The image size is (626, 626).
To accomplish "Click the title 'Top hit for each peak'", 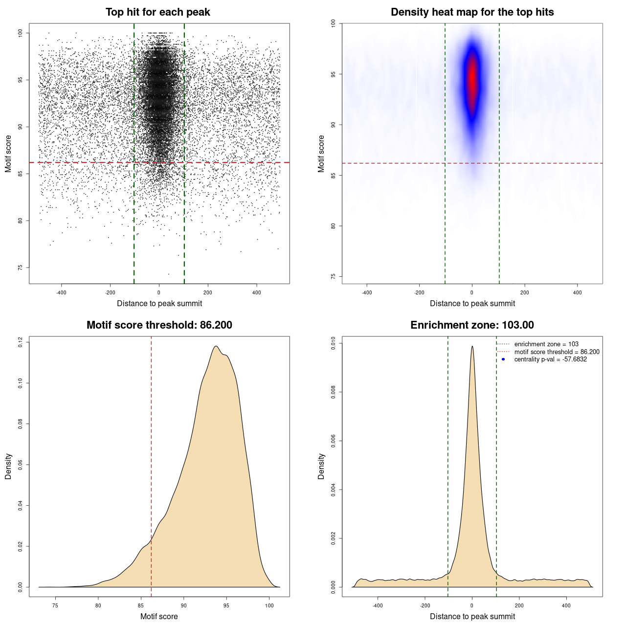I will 157,12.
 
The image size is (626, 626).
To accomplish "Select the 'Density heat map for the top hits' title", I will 472,12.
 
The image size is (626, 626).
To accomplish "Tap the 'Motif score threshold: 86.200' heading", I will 159,325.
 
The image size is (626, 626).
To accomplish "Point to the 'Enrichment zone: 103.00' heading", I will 472,325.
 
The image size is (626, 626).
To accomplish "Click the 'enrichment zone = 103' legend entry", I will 546,344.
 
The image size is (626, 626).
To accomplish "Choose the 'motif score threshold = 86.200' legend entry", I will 557,352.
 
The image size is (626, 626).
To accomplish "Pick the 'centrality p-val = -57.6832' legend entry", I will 550,359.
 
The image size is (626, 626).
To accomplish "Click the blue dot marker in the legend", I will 503,359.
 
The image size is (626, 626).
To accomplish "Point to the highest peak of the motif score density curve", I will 216,346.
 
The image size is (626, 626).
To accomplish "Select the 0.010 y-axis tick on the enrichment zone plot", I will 333,344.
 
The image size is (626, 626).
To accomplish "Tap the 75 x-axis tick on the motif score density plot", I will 55,605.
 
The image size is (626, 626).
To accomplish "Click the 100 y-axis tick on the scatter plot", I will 20,33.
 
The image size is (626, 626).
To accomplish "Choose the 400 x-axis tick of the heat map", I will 578,292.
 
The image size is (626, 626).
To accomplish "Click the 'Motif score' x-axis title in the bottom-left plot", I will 159,616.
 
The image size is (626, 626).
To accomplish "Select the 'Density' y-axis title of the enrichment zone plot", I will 321,466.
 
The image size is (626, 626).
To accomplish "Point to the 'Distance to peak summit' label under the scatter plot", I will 159,303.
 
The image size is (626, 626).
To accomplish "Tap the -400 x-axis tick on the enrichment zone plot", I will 378,605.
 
